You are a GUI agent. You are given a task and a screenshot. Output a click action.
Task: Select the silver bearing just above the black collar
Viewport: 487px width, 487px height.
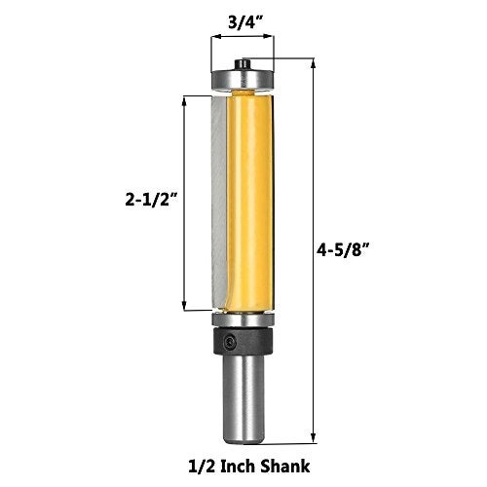243,320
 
